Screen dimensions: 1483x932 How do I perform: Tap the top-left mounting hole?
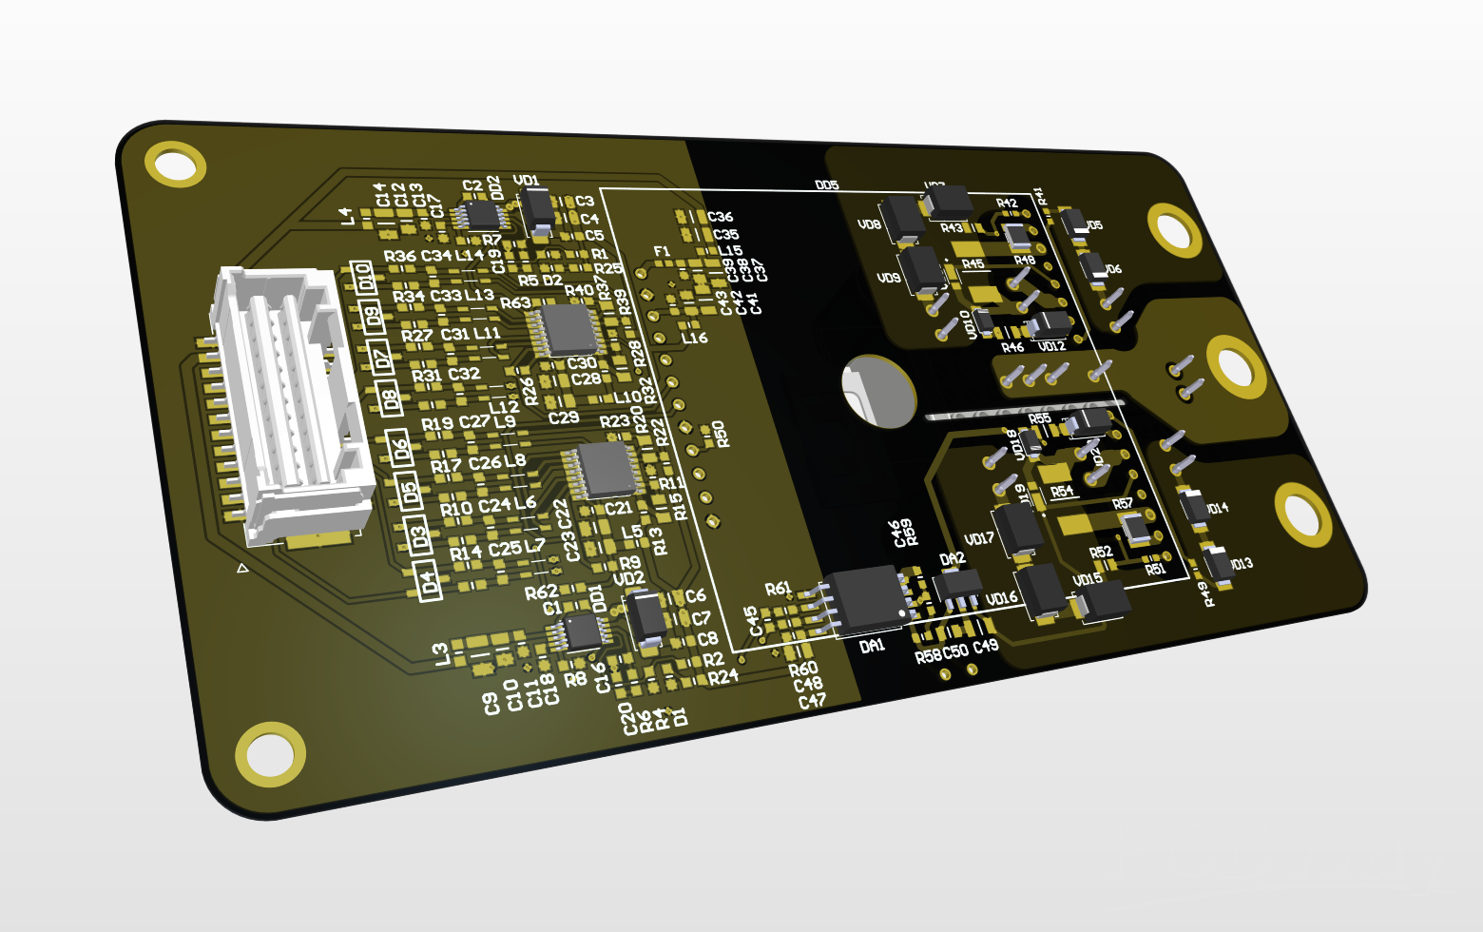176,165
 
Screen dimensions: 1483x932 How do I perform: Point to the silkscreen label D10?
361,278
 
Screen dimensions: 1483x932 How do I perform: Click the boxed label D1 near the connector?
430,580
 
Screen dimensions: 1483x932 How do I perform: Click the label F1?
662,252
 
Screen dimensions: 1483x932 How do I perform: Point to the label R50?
722,434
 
